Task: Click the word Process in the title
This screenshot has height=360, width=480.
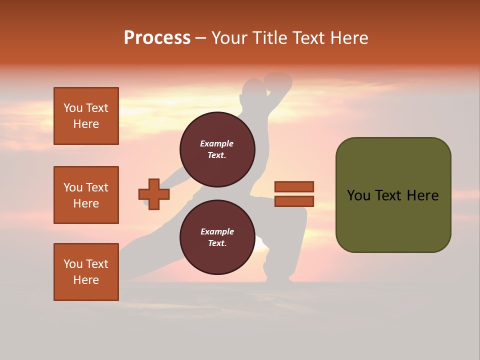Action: pos(157,38)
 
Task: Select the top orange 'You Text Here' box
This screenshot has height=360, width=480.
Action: pos(86,116)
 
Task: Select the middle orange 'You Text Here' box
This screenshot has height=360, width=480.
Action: pos(86,195)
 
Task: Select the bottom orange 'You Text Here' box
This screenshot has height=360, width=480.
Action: pos(86,272)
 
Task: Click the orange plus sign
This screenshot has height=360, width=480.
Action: pos(154,194)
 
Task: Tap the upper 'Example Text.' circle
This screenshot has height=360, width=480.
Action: pos(217,149)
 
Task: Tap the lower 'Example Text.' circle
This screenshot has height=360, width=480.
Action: pos(217,237)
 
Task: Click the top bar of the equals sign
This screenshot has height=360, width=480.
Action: pos(294,186)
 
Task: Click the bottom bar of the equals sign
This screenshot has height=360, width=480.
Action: pos(294,201)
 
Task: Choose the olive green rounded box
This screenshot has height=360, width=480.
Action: pos(393,195)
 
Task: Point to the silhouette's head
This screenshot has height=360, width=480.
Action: pos(253,90)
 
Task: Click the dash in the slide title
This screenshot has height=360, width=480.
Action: pos(201,38)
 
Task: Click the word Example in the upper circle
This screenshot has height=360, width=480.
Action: pos(217,144)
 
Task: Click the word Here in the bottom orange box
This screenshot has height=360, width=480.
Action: pos(86,280)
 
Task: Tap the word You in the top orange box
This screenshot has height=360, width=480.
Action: pos(72,108)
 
